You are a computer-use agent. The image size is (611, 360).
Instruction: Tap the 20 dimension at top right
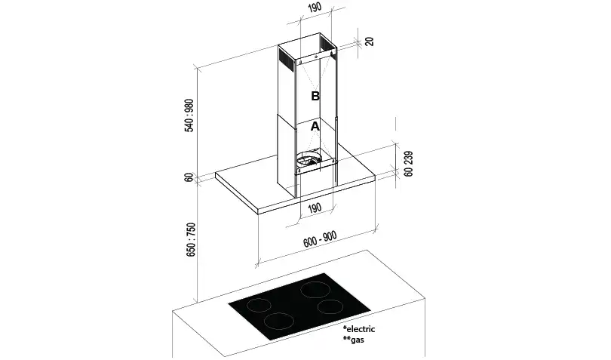tap(369, 41)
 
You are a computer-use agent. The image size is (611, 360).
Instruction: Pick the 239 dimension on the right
tap(408, 157)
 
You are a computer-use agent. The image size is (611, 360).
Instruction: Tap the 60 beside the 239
tap(408, 172)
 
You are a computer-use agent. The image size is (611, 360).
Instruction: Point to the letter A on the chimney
tap(315, 128)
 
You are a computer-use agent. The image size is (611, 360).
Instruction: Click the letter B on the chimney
tap(315, 96)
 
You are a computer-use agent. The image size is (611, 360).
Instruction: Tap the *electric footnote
tap(358, 330)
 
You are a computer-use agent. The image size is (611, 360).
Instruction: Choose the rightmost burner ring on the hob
tap(331, 306)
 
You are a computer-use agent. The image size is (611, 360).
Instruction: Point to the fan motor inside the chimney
tap(310, 159)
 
